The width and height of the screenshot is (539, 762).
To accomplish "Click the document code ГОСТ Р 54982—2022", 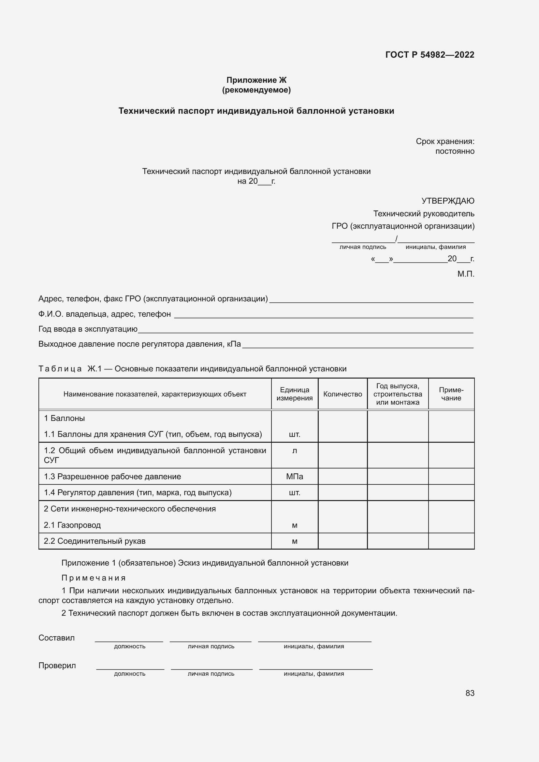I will (x=430, y=55).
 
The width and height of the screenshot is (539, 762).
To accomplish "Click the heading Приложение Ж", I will (x=256, y=80).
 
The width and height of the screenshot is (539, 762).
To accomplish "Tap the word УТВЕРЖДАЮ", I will (x=447, y=201).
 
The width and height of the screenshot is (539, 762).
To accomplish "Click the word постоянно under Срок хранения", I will (x=454, y=151).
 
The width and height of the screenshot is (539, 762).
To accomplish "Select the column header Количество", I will (x=342, y=394).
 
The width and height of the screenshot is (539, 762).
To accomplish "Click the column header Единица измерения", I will (x=294, y=394).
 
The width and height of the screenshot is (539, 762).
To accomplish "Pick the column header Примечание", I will (x=451, y=394).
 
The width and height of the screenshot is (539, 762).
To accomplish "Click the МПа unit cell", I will (x=294, y=477).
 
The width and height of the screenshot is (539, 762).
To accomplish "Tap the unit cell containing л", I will (x=294, y=451).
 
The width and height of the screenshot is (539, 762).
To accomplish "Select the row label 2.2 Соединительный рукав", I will (x=95, y=541).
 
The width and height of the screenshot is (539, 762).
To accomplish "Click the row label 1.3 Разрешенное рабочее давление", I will (x=112, y=477).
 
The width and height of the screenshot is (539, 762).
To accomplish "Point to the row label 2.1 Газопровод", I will (x=72, y=525).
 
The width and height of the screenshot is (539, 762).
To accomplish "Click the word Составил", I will (x=56, y=638).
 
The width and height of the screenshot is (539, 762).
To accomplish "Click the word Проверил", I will (x=57, y=666).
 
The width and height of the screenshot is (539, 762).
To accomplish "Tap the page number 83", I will (x=470, y=693).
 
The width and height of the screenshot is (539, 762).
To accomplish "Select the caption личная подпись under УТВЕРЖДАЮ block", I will (x=362, y=247).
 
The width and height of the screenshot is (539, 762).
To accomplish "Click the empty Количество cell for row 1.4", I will (x=342, y=493).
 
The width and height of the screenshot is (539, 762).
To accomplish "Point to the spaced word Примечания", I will (x=94, y=578).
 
